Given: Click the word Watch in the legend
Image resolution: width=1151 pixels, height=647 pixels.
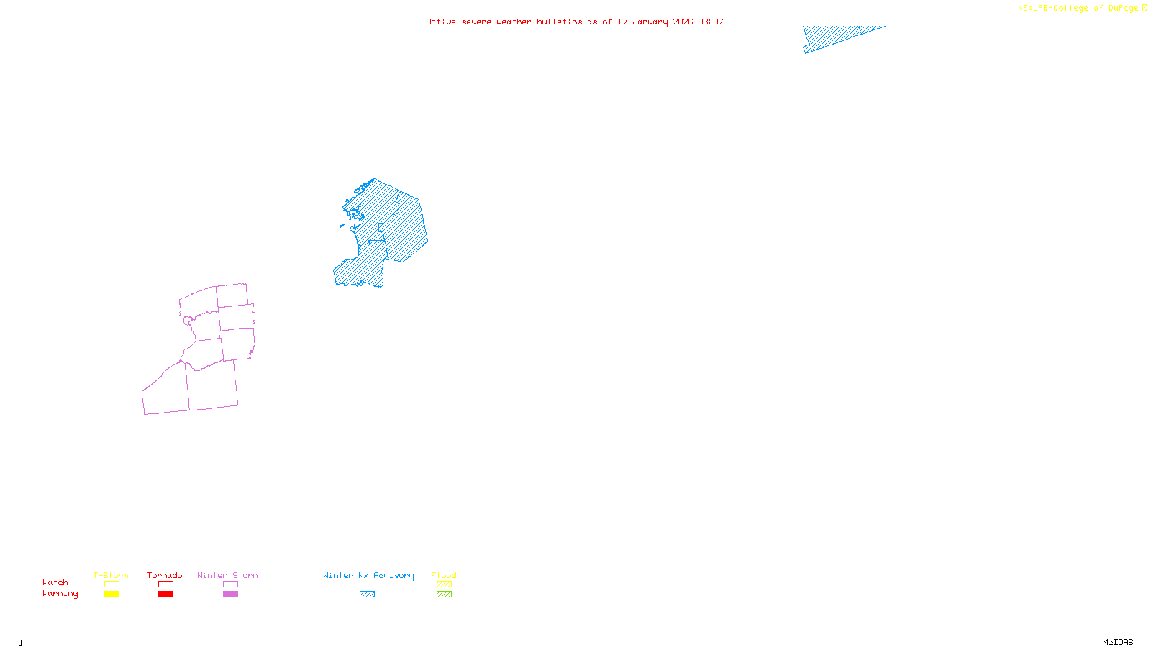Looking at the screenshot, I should tap(55, 582).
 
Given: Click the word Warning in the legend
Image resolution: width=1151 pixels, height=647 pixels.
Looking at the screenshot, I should tap(60, 594).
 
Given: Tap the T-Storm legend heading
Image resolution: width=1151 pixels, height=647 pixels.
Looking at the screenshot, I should tap(111, 575).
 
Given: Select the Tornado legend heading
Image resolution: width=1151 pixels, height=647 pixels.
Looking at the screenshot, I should tap(165, 575).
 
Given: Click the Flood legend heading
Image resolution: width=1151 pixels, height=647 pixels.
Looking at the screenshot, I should tap(444, 575).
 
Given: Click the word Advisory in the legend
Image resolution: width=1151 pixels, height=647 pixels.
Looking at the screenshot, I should tap(393, 575).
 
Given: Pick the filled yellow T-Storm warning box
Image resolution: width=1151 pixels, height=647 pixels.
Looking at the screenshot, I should tap(112, 595).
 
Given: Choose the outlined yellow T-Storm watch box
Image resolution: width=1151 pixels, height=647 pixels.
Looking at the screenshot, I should tap(112, 584).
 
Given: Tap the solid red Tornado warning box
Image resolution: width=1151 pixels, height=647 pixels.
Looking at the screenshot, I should tap(165, 595).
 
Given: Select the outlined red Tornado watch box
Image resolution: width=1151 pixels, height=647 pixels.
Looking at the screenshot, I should tap(165, 584).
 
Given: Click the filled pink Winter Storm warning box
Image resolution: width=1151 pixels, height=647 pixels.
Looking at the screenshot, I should tap(230, 595).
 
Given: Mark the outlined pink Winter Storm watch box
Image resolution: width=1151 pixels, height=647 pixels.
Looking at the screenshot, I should tap(230, 584).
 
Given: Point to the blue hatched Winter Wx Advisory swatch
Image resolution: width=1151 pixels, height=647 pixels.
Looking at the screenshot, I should tap(367, 595).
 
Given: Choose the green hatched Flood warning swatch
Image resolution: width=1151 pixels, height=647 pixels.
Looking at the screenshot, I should tap(444, 595).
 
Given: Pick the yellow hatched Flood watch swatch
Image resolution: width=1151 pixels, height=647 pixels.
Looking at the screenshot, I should tap(444, 584).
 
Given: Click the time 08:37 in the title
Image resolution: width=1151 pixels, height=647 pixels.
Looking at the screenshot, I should tap(711, 22).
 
